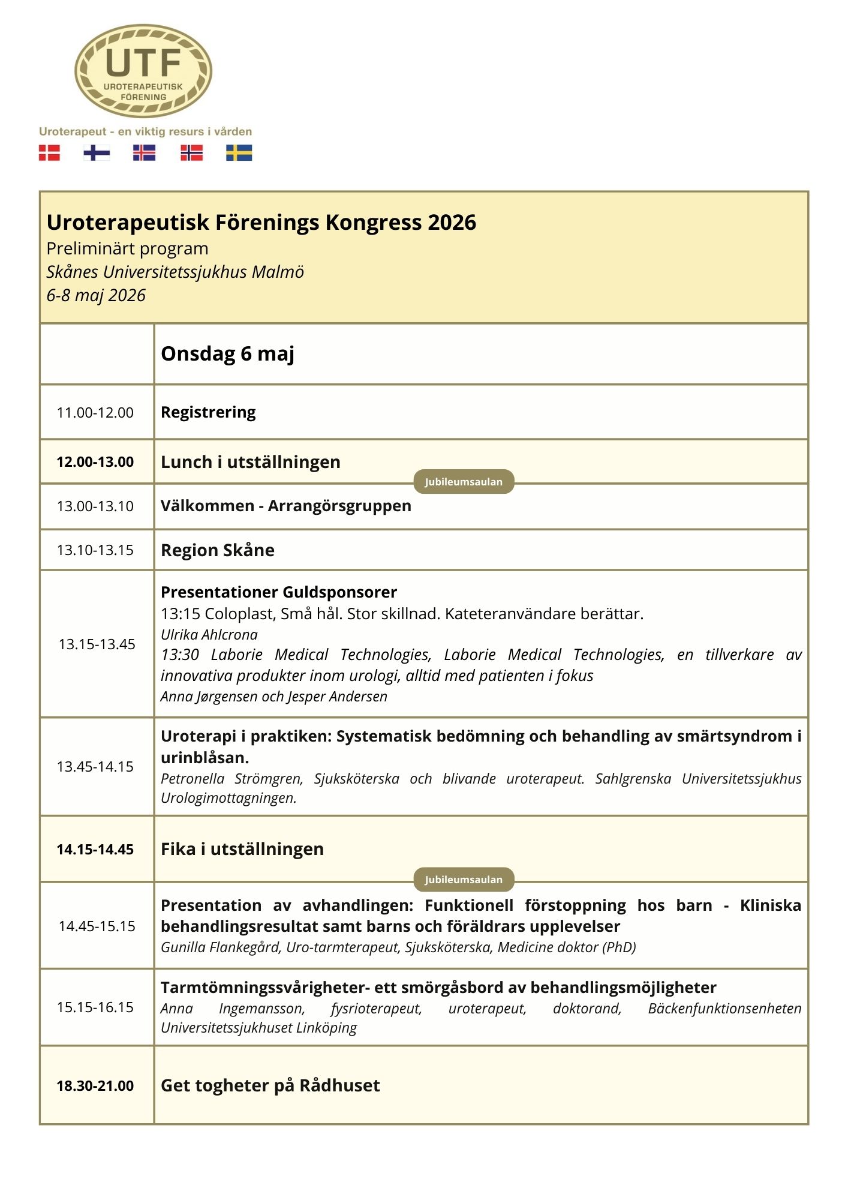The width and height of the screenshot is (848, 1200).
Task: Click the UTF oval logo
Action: [143, 71]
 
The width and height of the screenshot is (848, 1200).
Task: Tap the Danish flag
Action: [49, 153]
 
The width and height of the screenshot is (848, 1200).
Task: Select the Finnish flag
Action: [97, 153]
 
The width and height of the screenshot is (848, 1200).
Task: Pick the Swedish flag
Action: [239, 153]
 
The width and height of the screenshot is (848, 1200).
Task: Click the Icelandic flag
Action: [144, 153]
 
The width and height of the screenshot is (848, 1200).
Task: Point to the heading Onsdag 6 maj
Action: [227, 354]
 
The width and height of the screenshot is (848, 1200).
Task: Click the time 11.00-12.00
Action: [95, 413]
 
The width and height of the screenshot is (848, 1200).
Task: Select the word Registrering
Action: [208, 412]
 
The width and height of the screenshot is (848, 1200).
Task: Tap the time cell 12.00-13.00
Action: [95, 462]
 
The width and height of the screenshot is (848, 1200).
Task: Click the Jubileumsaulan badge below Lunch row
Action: [464, 482]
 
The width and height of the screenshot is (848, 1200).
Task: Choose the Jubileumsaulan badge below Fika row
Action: [464, 880]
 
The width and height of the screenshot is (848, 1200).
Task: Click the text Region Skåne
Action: [218, 550]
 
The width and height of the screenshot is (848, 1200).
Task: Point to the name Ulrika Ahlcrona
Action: [209, 634]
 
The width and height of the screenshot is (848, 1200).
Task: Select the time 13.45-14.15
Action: [95, 767]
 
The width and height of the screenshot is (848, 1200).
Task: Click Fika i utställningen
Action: [242, 849]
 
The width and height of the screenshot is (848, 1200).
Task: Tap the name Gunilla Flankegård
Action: [220, 947]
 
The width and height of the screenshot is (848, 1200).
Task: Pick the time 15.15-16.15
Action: [95, 1007]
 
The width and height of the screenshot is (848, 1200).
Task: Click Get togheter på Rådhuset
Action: [270, 1085]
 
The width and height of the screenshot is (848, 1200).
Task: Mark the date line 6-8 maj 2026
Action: [97, 295]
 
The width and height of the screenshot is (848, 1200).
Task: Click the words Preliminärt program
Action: [128, 248]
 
